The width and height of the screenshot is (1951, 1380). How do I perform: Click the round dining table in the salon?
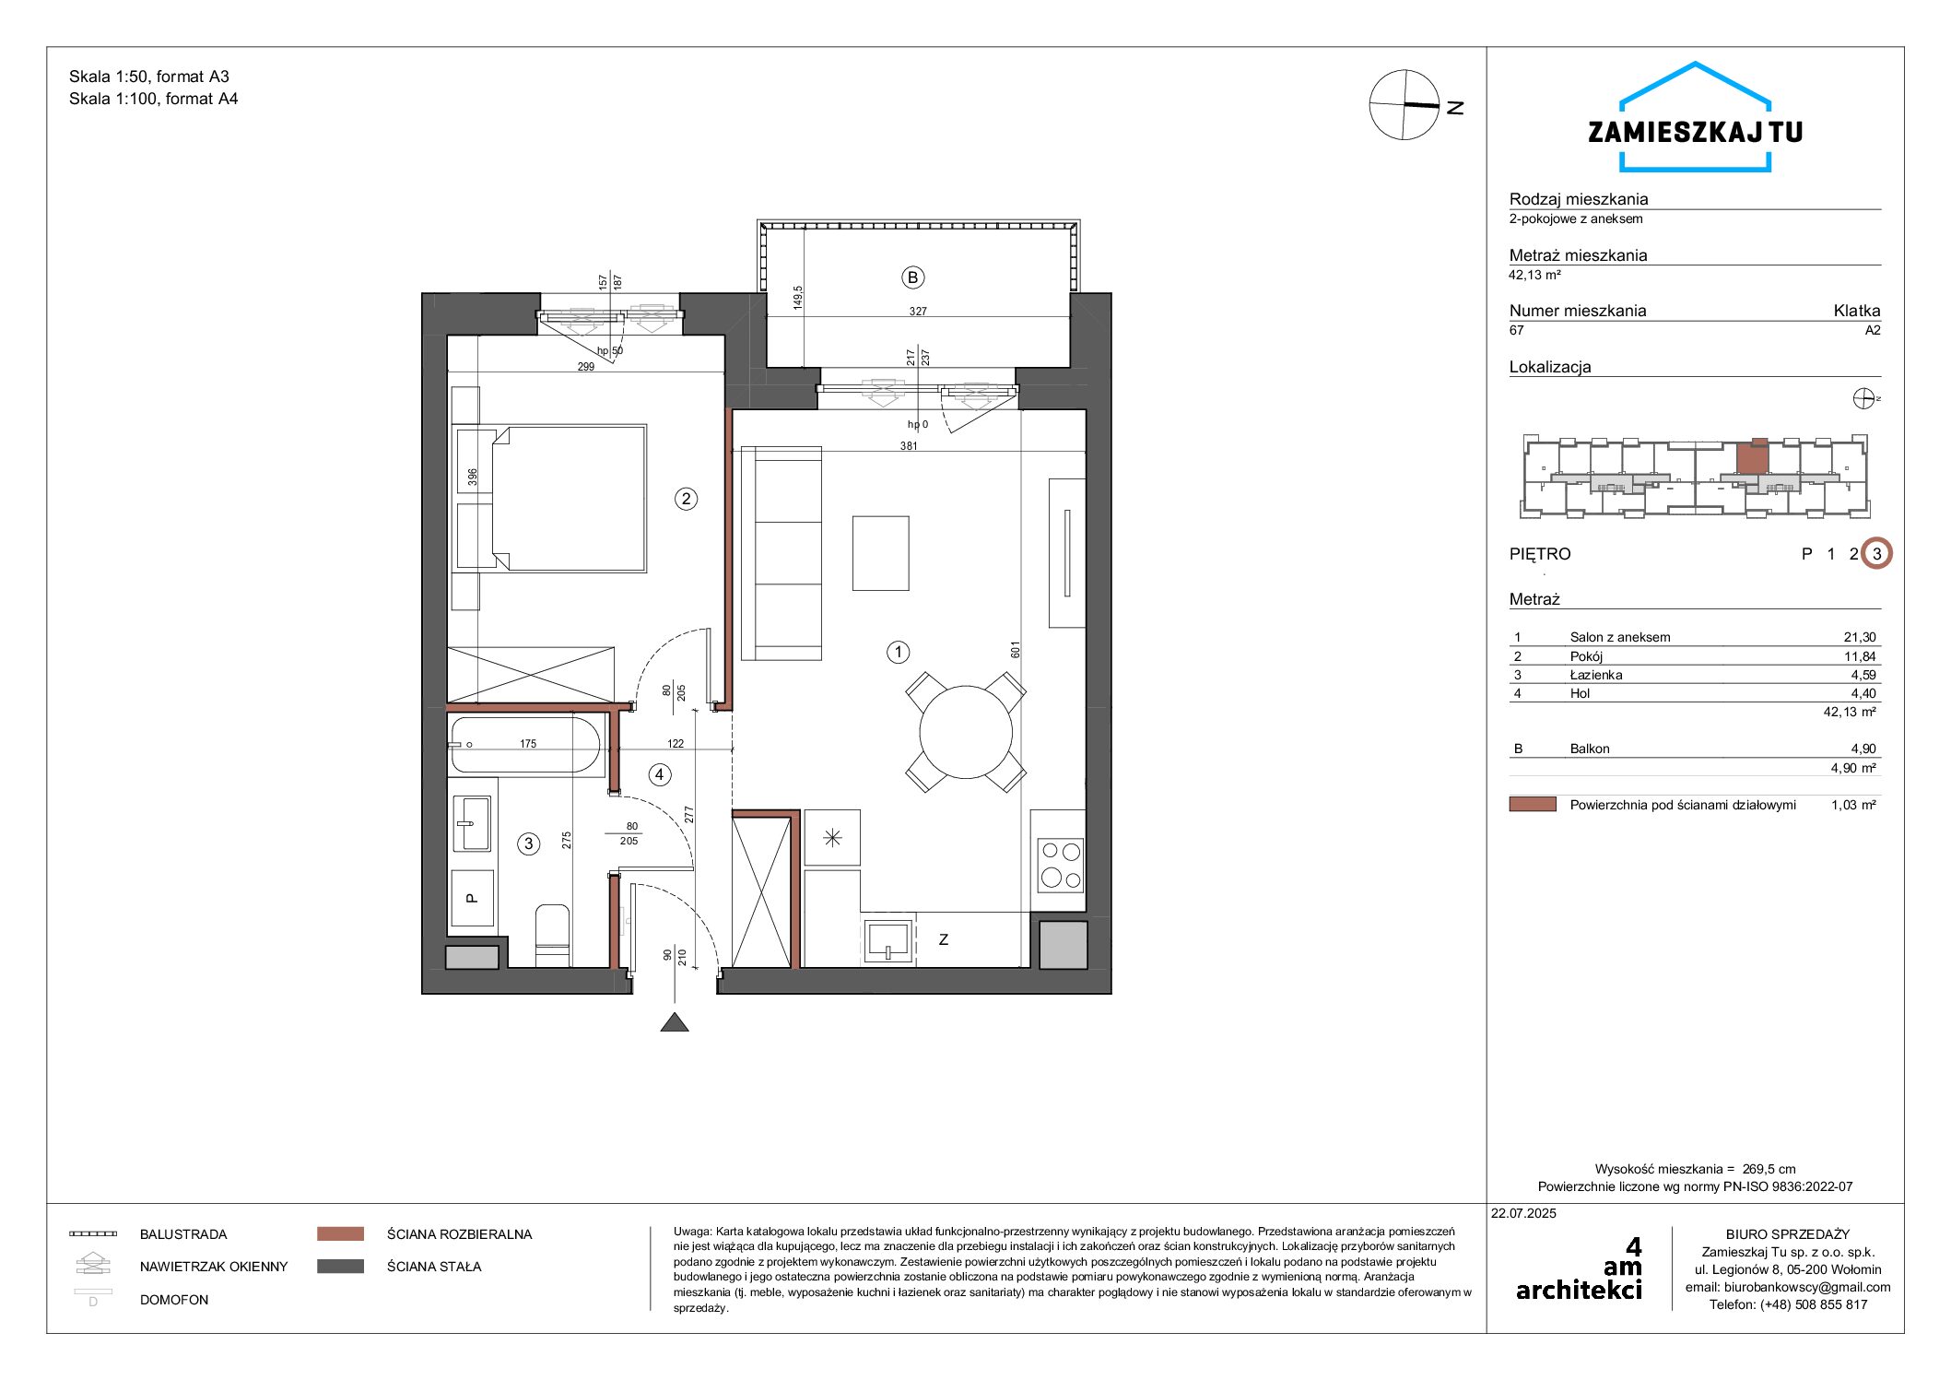[966, 733]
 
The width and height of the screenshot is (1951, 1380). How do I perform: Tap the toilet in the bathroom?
[552, 935]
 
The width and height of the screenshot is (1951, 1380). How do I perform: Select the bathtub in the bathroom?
[525, 744]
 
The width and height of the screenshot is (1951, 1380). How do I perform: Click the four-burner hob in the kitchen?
[1060, 865]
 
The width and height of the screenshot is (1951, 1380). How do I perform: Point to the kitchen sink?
[888, 941]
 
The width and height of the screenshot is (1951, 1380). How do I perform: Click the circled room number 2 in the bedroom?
[686, 499]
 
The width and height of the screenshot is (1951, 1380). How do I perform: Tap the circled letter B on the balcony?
[912, 277]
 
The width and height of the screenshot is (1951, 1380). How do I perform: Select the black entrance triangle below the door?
[675, 1021]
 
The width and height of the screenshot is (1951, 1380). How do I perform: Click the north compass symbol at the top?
[1404, 105]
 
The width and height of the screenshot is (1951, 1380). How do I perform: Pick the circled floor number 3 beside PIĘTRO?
[1876, 554]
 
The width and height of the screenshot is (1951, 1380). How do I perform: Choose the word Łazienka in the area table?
[1596, 675]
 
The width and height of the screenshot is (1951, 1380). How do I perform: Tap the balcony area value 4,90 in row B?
[1863, 749]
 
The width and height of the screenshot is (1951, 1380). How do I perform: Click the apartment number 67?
[1517, 330]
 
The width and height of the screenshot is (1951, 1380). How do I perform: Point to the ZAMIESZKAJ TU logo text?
[1695, 132]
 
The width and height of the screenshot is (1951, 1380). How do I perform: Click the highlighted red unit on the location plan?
[1753, 457]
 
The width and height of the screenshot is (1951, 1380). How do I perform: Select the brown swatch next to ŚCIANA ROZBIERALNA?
[340, 1233]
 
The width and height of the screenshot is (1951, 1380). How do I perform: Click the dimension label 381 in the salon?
[909, 446]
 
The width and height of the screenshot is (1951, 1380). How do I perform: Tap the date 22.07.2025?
[1523, 1213]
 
